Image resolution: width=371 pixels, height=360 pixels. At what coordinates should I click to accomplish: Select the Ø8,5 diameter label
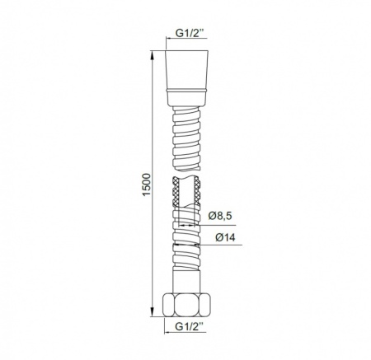(220, 215)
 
